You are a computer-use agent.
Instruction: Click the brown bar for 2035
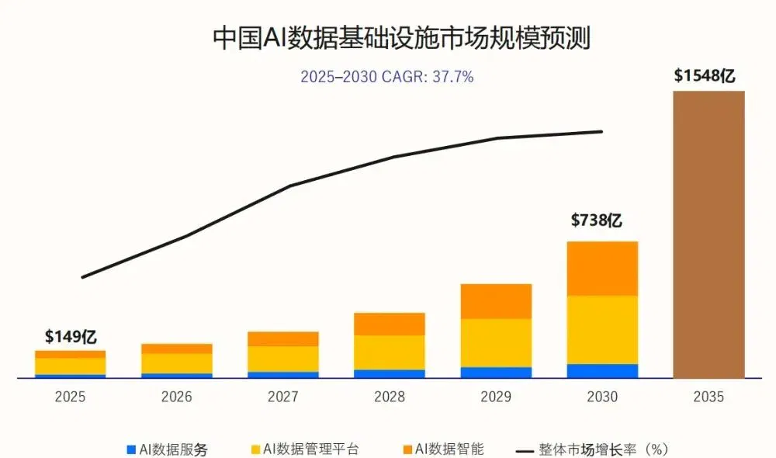[x=708, y=234]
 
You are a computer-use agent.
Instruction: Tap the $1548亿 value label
[x=705, y=76]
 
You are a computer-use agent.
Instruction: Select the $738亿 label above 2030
[x=596, y=220]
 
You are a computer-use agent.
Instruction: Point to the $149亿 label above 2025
[x=71, y=337]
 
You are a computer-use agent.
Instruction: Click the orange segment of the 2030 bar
[x=602, y=269]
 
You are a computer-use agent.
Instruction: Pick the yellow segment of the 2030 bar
[x=602, y=330]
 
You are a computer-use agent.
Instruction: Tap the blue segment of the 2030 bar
[x=602, y=371]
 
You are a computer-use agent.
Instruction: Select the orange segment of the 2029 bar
[x=496, y=301]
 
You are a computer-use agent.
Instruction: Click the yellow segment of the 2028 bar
[x=390, y=352]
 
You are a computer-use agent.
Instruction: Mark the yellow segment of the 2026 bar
[x=177, y=363]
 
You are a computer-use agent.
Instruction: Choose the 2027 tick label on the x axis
[x=283, y=397]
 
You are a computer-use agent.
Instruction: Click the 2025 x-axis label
[x=71, y=397]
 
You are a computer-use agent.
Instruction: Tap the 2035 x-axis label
[x=708, y=397]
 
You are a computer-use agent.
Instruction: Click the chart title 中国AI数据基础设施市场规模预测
[x=401, y=37]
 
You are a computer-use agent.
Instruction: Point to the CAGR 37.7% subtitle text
[x=387, y=77]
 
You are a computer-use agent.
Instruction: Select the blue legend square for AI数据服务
[x=131, y=449]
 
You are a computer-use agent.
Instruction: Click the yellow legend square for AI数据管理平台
[x=255, y=449]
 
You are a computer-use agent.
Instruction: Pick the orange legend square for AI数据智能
[x=408, y=449]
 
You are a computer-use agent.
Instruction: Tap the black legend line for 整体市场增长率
[x=525, y=451]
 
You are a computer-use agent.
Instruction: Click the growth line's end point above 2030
[x=602, y=132]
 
